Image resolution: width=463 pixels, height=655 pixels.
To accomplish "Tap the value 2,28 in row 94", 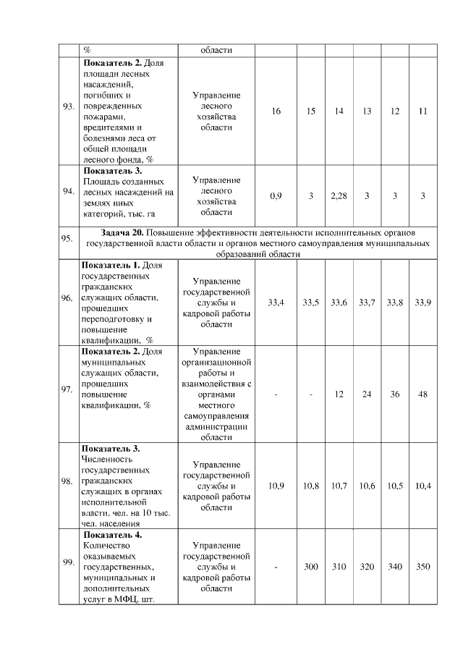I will point(339,196).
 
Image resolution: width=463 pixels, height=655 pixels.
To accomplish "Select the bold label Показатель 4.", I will point(113,535).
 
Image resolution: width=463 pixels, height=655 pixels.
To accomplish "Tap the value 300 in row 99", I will point(311,567).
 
